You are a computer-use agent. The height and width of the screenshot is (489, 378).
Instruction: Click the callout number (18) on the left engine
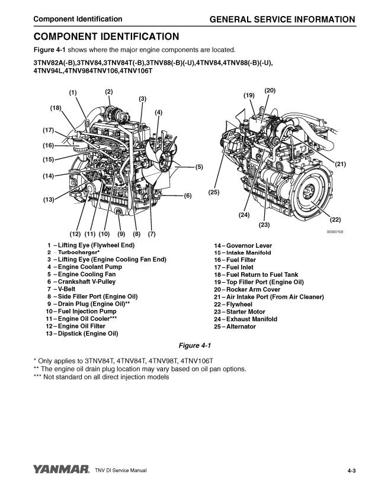[x=55, y=108]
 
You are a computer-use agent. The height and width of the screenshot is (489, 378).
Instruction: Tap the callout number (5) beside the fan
[x=198, y=167]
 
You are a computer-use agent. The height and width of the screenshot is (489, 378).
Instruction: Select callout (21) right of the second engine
[x=340, y=163]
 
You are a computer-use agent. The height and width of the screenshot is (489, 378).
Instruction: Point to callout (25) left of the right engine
[x=214, y=193]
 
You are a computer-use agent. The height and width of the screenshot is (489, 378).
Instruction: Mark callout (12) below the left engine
[x=75, y=234]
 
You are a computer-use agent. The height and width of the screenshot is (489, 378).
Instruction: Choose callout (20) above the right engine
[x=270, y=90]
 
